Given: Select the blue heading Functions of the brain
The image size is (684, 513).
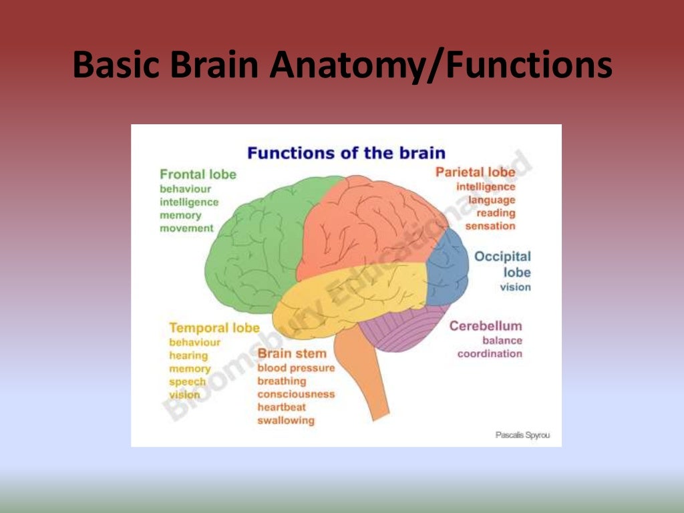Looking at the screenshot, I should click(346, 153).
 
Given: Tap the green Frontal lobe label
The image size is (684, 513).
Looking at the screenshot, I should click(198, 174).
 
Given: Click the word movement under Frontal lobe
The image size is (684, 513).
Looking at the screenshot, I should click(186, 228).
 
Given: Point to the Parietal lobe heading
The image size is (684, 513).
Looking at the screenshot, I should click(475, 172).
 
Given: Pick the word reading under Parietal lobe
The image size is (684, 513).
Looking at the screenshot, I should click(496, 213).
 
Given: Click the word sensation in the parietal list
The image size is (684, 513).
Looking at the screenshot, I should click(490, 226).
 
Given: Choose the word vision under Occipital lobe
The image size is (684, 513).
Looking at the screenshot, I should click(515, 287).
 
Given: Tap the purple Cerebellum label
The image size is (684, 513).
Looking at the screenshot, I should click(485, 326).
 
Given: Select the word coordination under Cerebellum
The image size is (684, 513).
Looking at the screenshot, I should click(490, 353).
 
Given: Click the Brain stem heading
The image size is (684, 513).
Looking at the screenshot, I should click(292, 353).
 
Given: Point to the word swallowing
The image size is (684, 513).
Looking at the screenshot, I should click(285, 421).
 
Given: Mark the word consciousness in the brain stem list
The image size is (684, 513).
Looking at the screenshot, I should click(296, 394).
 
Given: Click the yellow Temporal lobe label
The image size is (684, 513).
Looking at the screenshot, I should click(214, 328).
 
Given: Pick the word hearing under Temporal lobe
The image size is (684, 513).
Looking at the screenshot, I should click(188, 355).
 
